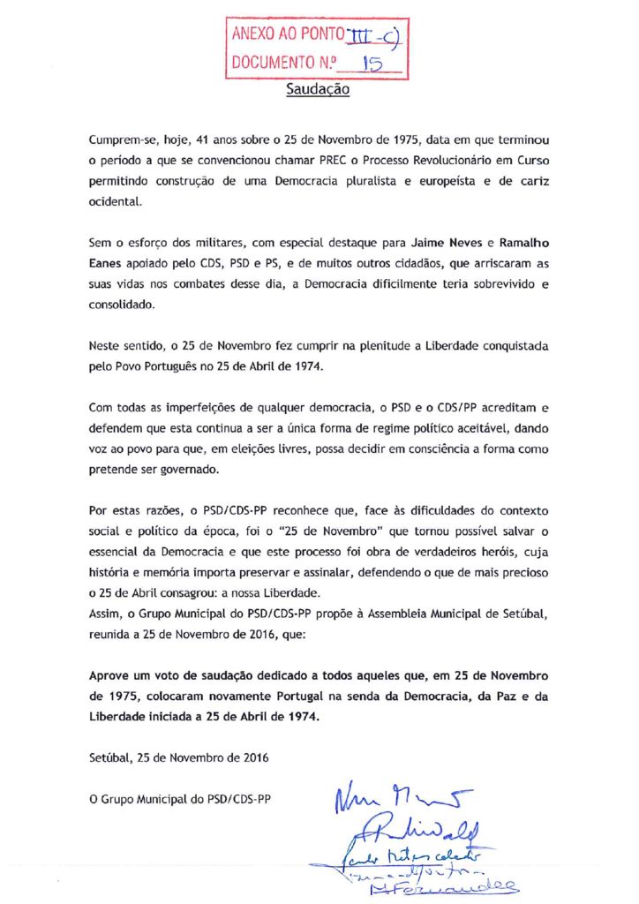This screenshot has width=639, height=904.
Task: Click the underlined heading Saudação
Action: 319,89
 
